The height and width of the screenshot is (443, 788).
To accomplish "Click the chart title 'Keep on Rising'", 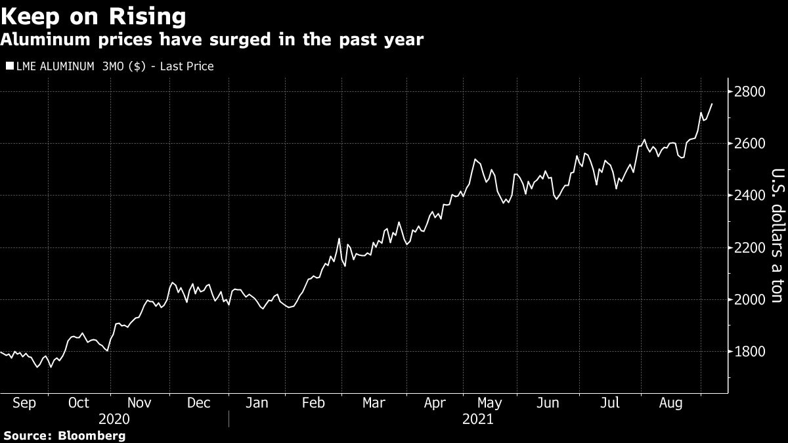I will pyautogui.click(x=93, y=14).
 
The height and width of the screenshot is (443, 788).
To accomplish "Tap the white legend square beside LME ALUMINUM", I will pyautogui.click(x=9, y=66).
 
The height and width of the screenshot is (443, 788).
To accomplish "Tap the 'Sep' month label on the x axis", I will pyautogui.click(x=24, y=403).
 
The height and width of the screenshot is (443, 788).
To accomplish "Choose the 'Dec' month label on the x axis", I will pyautogui.click(x=199, y=403).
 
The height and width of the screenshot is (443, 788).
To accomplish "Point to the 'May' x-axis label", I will pyautogui.click(x=490, y=403).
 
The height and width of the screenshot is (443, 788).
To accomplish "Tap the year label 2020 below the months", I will pyautogui.click(x=114, y=419).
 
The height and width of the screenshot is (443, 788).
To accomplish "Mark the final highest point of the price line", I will pyautogui.click(x=712, y=104).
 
